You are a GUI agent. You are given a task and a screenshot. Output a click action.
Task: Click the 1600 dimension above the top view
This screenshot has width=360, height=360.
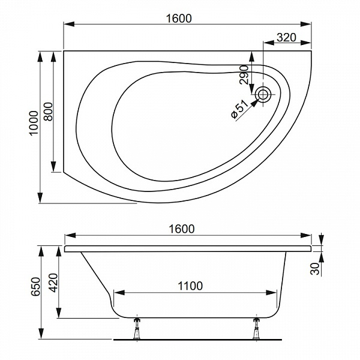179,19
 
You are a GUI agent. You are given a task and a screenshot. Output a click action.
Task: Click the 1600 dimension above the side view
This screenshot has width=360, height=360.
182,229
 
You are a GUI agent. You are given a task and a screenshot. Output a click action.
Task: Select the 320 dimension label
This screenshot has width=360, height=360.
286,37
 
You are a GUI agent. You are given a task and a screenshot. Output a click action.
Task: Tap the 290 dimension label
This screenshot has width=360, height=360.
244,75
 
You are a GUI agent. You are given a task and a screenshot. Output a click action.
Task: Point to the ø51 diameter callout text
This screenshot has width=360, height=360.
239,109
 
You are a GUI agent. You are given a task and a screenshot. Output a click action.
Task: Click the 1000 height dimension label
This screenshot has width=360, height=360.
34,123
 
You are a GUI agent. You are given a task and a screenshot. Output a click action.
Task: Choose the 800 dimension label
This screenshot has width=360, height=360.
48,112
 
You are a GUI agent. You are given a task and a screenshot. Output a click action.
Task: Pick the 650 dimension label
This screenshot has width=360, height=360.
36,287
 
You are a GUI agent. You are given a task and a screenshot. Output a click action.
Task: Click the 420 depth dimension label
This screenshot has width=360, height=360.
54,283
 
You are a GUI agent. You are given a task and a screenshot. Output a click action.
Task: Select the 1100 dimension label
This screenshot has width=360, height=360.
190,286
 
